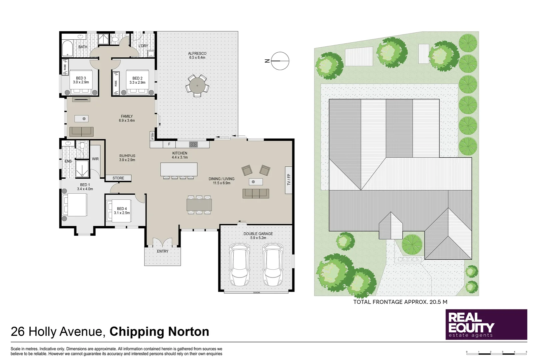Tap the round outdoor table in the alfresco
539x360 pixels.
[x=197, y=86]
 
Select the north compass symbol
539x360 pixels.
[x=279, y=61]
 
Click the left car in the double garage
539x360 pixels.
[x=240, y=265]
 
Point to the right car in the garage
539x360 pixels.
[x=273, y=265]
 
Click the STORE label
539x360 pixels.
[x=118, y=178]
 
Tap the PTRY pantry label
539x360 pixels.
[x=153, y=136]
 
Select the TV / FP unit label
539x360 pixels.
[x=288, y=180]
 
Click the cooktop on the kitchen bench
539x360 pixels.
[x=194, y=144]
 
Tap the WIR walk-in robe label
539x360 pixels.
[x=95, y=159]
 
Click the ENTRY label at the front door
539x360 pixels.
[x=163, y=251]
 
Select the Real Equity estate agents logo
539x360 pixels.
[x=486, y=324]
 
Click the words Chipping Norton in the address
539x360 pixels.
[x=159, y=332]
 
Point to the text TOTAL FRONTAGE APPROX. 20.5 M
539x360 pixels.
[x=400, y=302]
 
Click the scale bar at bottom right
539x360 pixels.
[x=496, y=352]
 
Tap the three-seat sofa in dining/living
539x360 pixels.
[x=256, y=193]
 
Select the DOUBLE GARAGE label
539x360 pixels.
[x=258, y=234]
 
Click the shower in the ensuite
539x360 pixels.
[x=81, y=169]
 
